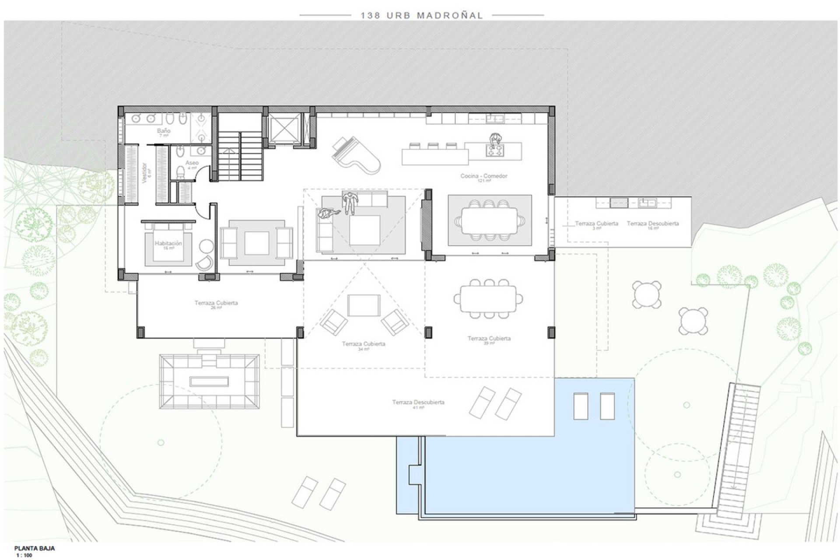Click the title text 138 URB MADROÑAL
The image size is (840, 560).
(421, 16)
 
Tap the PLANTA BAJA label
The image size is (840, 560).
(35, 548)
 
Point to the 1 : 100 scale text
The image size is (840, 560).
(24, 556)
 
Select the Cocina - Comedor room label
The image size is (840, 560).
(483, 176)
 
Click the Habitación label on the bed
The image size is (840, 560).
(168, 243)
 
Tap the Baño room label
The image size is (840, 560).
(164, 131)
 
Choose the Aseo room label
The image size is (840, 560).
(192, 163)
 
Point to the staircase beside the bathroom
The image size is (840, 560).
(240, 151)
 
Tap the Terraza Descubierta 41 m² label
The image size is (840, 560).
(418, 402)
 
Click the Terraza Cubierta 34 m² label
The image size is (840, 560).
(364, 344)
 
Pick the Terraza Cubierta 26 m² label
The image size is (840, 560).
(216, 303)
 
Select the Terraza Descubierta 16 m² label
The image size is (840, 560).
(652, 224)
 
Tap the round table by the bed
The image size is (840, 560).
(206, 246)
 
